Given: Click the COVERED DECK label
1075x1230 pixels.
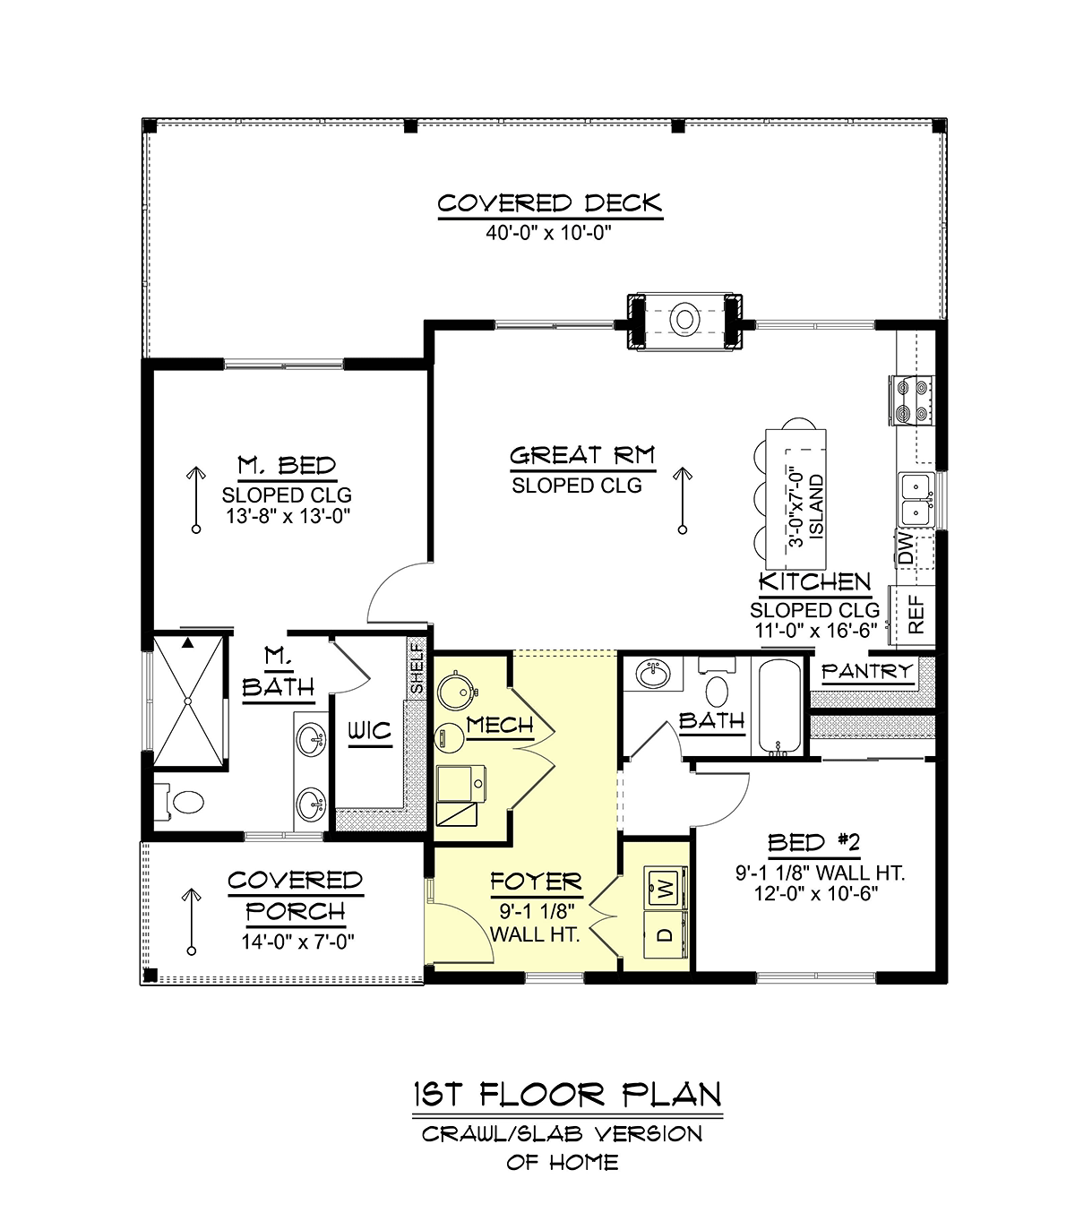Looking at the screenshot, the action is click(x=549, y=203).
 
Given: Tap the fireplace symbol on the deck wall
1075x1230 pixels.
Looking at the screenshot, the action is click(x=684, y=321).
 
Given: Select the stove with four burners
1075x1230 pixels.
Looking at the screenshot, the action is click(x=912, y=400).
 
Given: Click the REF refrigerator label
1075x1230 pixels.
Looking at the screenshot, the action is click(x=916, y=615).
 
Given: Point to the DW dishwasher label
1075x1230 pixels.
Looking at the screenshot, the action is click(x=906, y=548).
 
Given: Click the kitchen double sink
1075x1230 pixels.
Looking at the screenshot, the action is click(x=916, y=498).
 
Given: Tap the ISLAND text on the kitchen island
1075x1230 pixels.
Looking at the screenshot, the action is click(x=817, y=507).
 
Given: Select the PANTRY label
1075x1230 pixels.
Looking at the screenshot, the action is click(x=867, y=671).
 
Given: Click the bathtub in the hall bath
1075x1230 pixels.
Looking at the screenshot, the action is click(x=779, y=707).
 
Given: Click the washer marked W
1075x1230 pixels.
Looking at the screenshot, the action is click(x=666, y=888).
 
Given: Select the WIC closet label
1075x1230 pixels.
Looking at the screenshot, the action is click(x=370, y=731).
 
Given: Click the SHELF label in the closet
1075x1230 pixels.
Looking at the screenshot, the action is click(x=417, y=668).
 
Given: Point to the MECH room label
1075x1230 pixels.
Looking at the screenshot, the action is click(x=500, y=726).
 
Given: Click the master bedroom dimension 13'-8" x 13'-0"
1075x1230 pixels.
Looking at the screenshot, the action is click(x=288, y=516).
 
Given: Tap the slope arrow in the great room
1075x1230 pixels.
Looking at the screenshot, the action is click(x=683, y=501).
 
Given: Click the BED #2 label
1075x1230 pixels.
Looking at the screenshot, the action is click(x=814, y=843).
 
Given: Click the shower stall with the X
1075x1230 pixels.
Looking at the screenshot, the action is click(x=188, y=701).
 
